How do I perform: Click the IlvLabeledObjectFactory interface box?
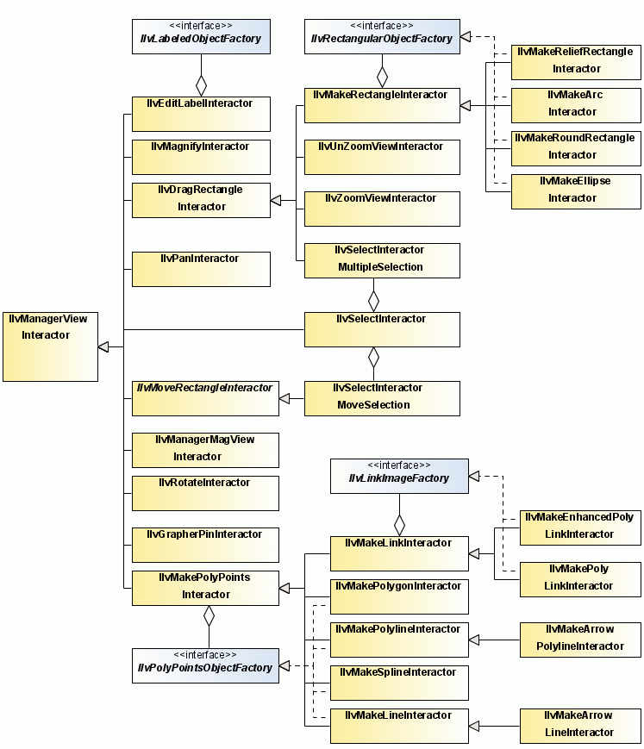pyautogui.click(x=201, y=36)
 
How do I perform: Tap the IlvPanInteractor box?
pyautogui.click(x=201, y=268)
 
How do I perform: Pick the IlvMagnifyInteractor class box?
pyautogui.click(x=201, y=156)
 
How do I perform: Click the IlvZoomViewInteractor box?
pyautogui.click(x=382, y=208)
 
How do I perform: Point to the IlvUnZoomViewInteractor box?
pyautogui.click(x=382, y=156)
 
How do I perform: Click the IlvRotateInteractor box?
pyautogui.click(x=205, y=492)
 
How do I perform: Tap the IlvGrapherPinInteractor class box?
pyautogui.click(x=205, y=544)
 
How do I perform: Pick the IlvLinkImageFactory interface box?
pyautogui.click(x=399, y=475)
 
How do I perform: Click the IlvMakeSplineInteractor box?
pyautogui.click(x=399, y=682)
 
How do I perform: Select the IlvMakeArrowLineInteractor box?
pyautogui.click(x=580, y=725)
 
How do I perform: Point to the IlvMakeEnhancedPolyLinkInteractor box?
pyautogui.click(x=580, y=527)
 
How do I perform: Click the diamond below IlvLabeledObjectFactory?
pyautogui.click(x=201, y=84)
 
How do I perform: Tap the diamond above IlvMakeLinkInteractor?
pyautogui.click(x=399, y=523)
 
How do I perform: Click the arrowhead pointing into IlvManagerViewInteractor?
pyautogui.click(x=103, y=346)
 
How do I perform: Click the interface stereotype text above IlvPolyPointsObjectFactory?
pyautogui.click(x=205, y=655)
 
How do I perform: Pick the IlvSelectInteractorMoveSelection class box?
pyautogui.click(x=382, y=397)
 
